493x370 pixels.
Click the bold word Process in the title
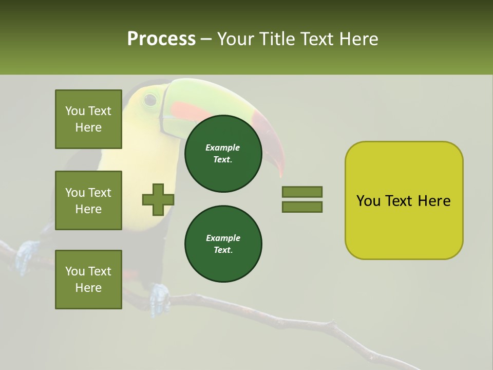tap(161, 39)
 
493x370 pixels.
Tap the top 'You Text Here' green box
tap(88, 119)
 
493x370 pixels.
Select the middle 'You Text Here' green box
tap(88, 200)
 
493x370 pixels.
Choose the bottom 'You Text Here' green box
tap(88, 279)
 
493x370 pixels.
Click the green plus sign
tap(158, 199)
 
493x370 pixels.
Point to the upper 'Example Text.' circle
tap(223, 154)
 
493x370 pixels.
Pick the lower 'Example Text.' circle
tap(223, 244)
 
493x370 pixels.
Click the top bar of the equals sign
tap(302, 192)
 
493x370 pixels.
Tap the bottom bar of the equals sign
tap(302, 207)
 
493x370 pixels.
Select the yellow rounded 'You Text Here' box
tap(404, 200)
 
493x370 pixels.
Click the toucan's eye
tap(150, 99)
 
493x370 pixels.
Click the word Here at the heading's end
tap(360, 39)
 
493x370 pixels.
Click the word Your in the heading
tap(236, 39)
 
